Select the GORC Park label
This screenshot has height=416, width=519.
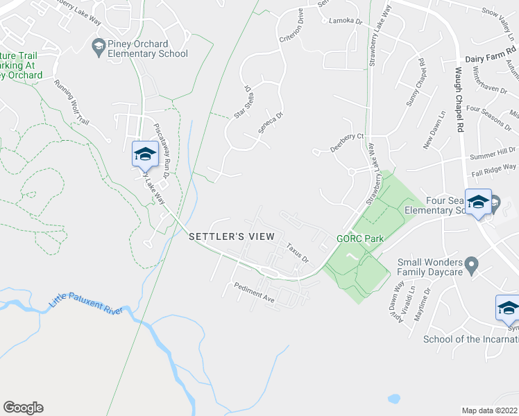point(360,238)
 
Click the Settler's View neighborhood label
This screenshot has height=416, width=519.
point(232,236)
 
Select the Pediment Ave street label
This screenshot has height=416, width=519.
point(255,291)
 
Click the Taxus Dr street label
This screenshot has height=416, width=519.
point(297,252)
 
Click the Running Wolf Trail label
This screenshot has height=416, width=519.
point(71,105)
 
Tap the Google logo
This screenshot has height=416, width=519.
point(23,408)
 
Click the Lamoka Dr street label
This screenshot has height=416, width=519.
point(346,21)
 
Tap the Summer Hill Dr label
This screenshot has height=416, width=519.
point(493,150)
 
